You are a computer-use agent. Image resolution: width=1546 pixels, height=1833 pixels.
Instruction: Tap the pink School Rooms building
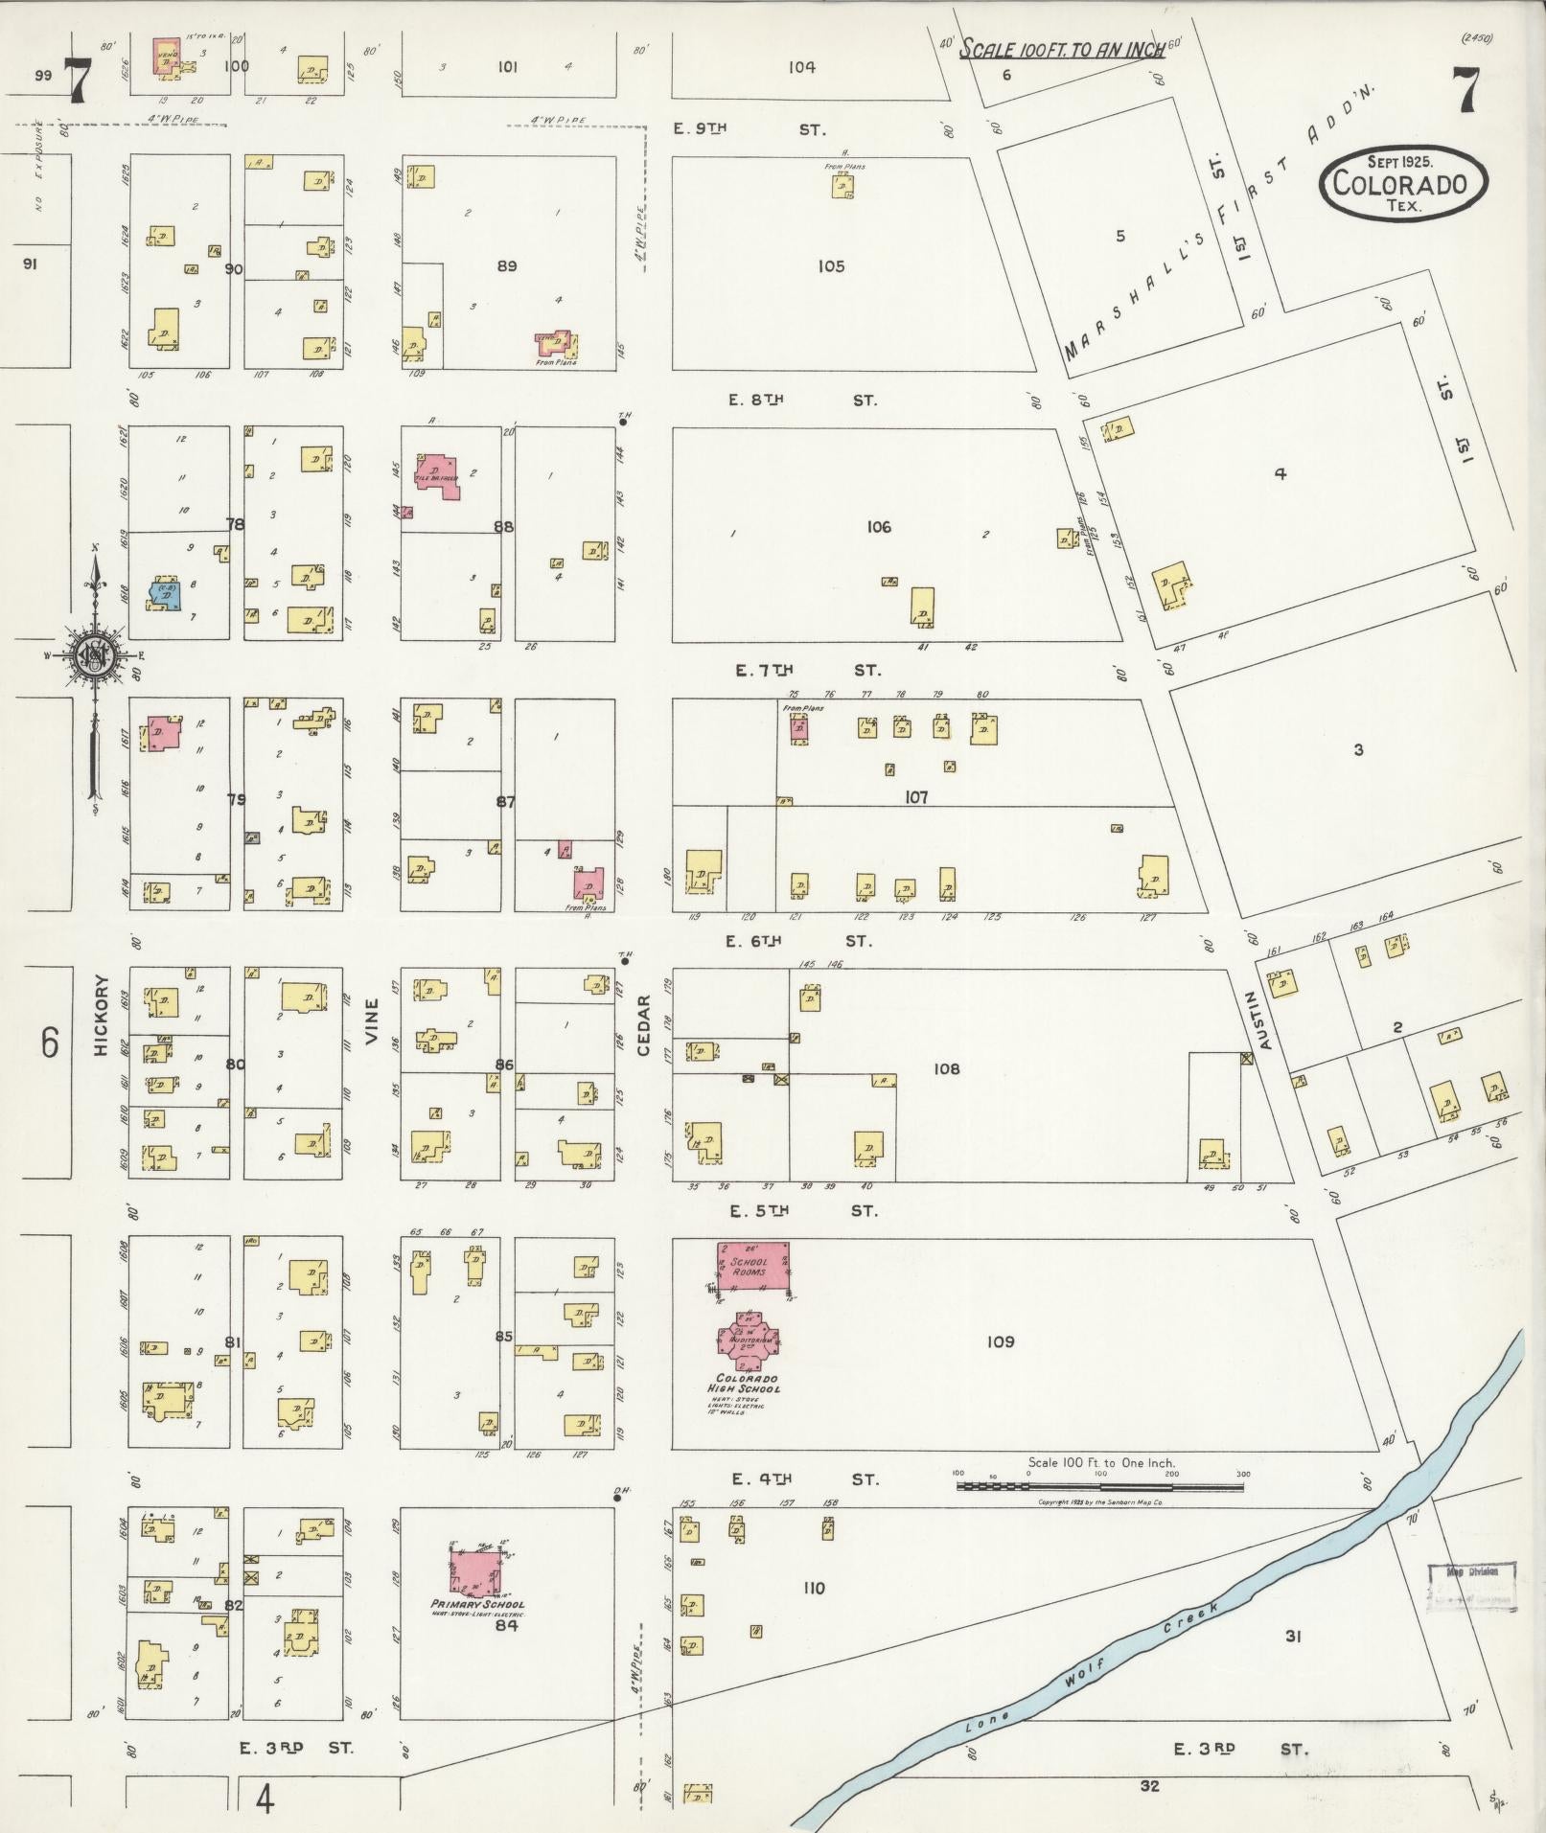[753, 1266]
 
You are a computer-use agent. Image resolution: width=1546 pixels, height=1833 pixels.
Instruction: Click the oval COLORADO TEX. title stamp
[1403, 183]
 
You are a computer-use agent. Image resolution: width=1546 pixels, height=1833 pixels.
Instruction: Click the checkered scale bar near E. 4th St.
[1099, 1487]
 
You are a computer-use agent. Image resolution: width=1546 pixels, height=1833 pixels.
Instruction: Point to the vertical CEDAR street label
[644, 1024]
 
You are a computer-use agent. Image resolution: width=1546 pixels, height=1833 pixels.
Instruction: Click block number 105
[831, 266]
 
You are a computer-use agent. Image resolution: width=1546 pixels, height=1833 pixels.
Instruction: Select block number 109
[1000, 1341]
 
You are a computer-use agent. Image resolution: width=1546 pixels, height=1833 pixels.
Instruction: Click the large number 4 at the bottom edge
[265, 1799]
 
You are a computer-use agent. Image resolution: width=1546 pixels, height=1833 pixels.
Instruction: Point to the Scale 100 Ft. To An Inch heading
[1063, 50]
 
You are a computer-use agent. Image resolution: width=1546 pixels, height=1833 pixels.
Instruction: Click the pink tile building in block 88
[437, 475]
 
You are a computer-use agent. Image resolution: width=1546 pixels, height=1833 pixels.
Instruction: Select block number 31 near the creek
[1292, 1637]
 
